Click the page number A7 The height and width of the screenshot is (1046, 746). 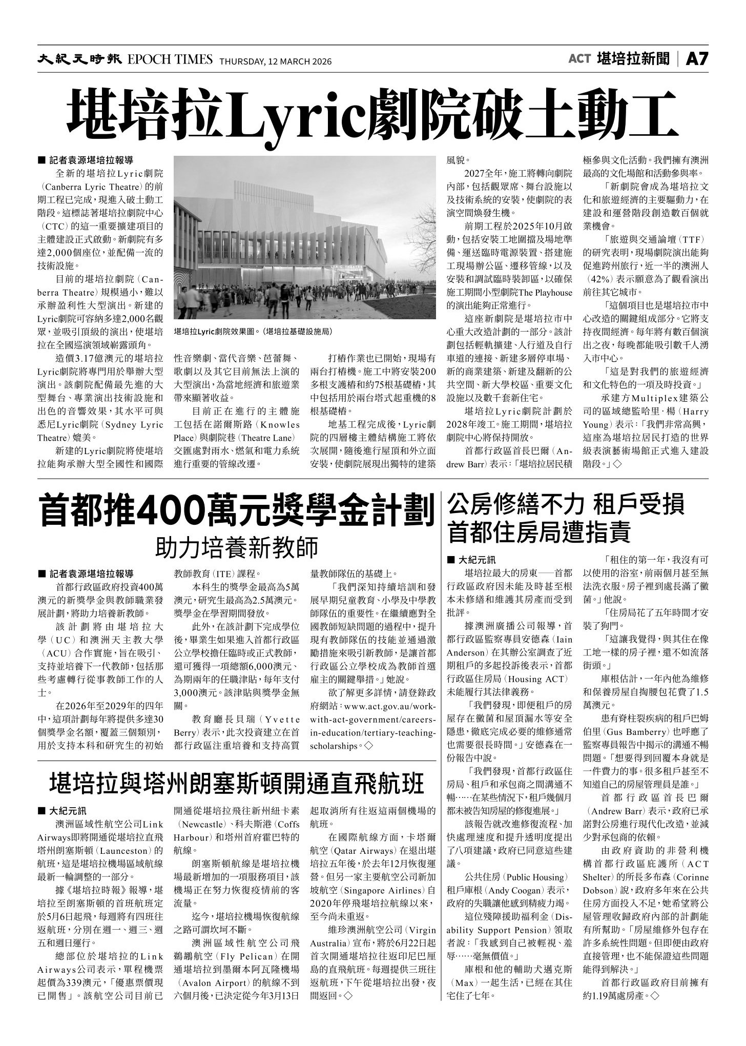pos(697,59)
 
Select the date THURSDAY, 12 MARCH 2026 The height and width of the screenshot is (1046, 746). pos(276,61)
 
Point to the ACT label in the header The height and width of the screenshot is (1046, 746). pos(579,59)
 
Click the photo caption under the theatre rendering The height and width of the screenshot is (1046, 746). pos(253,332)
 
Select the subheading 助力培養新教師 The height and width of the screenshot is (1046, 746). pos(237,547)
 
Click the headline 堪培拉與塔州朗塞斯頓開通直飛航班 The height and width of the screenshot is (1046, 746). pos(237,784)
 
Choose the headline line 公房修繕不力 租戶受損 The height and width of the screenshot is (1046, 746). pos(566,506)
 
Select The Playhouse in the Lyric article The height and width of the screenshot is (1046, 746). pos(546,293)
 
